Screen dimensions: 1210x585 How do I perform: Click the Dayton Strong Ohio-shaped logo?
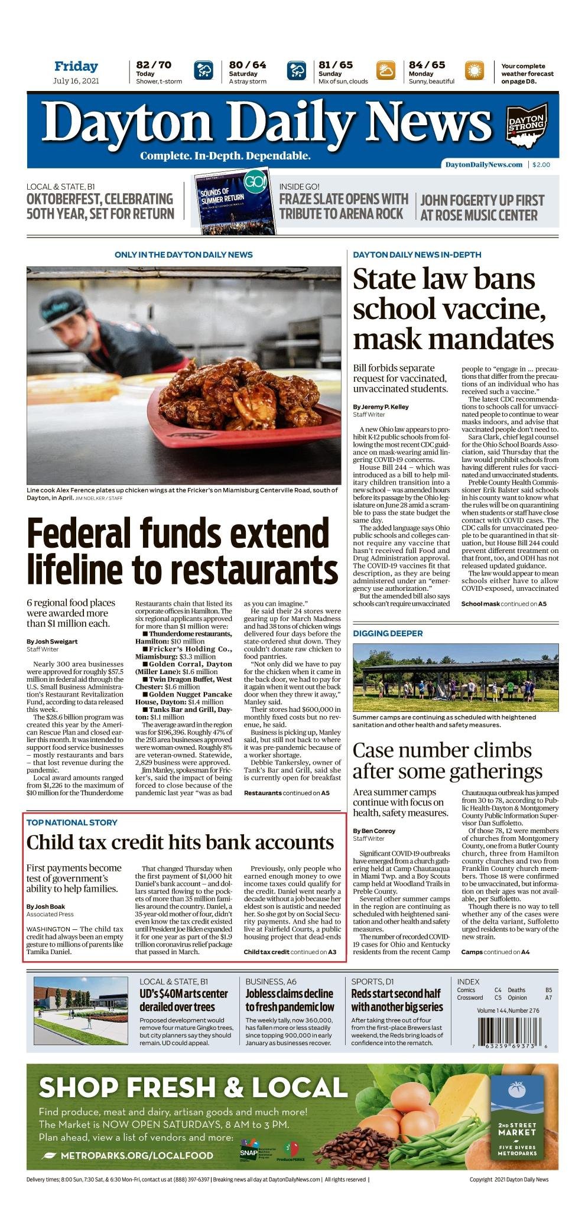(x=526, y=125)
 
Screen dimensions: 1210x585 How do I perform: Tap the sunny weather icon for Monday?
(x=474, y=71)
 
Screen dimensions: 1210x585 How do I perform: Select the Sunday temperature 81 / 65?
(x=336, y=65)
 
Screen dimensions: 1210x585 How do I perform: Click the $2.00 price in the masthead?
(x=541, y=165)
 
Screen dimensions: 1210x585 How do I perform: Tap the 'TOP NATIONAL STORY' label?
(x=71, y=822)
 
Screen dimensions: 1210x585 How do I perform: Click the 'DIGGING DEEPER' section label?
(x=388, y=633)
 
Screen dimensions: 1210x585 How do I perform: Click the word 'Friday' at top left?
(x=76, y=66)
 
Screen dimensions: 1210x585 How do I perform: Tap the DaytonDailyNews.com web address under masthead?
(x=483, y=165)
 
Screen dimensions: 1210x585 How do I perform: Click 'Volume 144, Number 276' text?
(x=508, y=1010)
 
